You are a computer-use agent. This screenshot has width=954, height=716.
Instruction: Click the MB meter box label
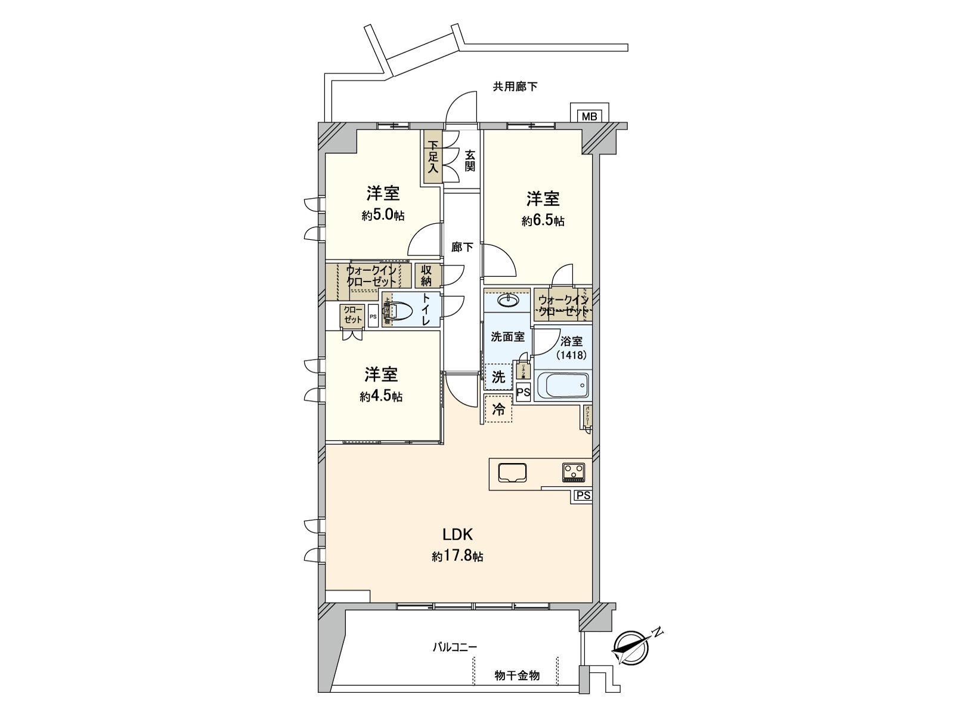pyautogui.click(x=589, y=116)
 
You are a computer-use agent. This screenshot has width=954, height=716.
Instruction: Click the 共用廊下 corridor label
pyautogui.click(x=515, y=87)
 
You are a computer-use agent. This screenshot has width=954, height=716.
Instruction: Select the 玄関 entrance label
pyautogui.click(x=470, y=160)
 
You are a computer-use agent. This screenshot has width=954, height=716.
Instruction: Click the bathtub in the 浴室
pyautogui.click(x=563, y=385)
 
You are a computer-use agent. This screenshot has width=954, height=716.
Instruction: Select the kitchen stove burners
pyautogui.click(x=574, y=473)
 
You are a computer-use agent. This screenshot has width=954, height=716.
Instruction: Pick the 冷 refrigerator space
pyautogui.click(x=498, y=409)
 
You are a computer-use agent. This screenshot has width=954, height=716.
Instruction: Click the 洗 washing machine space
pyautogui.click(x=498, y=377)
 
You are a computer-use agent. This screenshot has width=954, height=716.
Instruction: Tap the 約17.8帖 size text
pyautogui.click(x=457, y=557)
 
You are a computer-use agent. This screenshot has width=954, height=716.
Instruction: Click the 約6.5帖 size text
pyautogui.click(x=543, y=221)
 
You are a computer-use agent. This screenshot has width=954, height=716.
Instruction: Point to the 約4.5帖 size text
pyautogui.click(x=381, y=396)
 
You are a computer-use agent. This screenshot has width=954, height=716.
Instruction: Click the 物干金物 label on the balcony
pyautogui.click(x=517, y=675)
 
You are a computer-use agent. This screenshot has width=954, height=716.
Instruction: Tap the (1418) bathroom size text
pyautogui.click(x=571, y=355)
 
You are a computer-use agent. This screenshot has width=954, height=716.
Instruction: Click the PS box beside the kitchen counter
pyautogui.click(x=583, y=496)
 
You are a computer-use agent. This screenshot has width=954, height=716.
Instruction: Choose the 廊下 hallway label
pyautogui.click(x=462, y=247)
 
